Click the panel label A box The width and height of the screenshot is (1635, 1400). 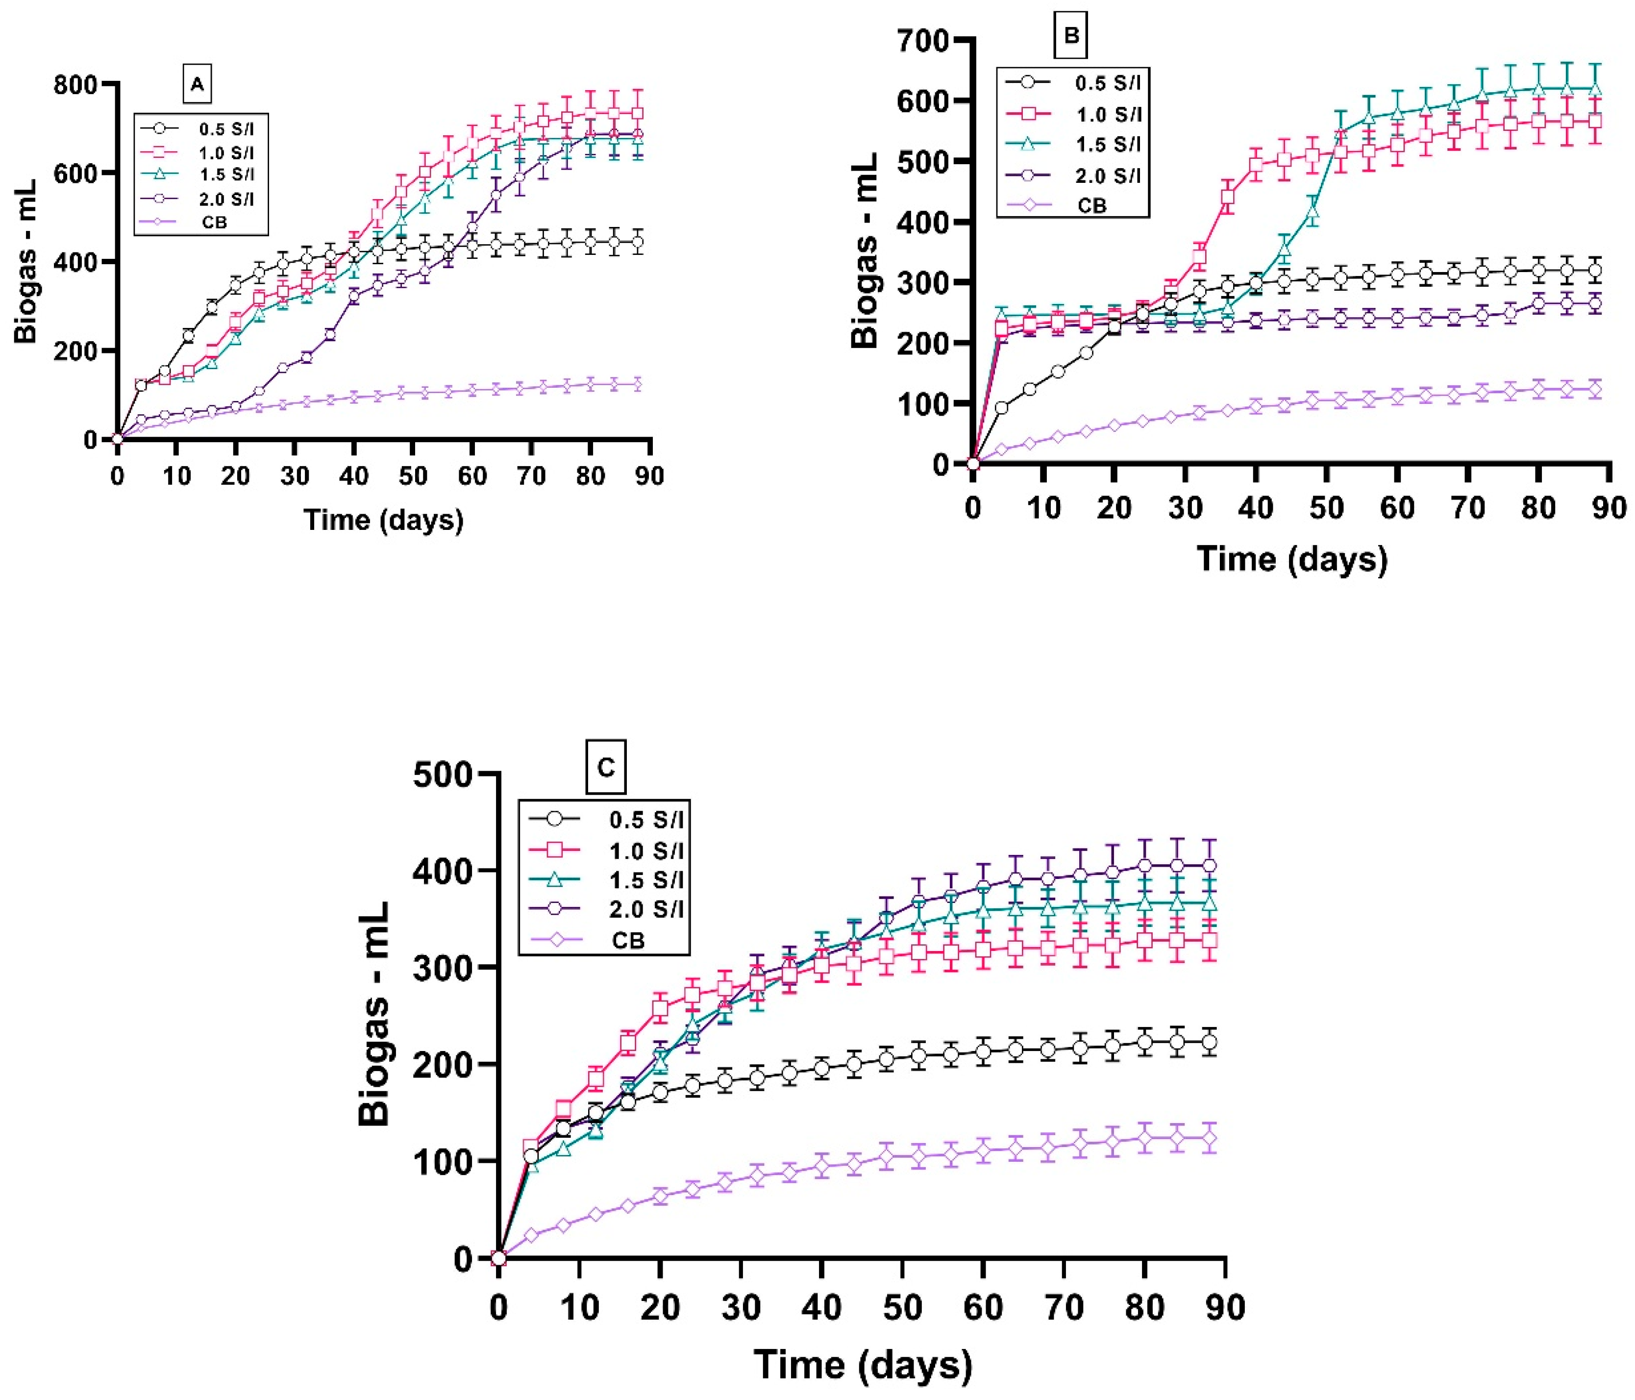coord(198,84)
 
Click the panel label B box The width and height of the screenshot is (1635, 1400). coord(1071,35)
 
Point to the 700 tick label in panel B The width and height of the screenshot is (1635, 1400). coord(925,39)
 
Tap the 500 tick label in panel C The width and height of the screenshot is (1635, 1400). coord(443,775)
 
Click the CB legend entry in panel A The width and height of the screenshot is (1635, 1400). coord(214,223)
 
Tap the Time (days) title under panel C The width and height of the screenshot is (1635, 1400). coord(863,1364)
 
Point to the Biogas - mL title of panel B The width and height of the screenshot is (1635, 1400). coord(865,251)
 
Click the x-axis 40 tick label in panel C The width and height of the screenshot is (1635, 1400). coord(821,1308)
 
